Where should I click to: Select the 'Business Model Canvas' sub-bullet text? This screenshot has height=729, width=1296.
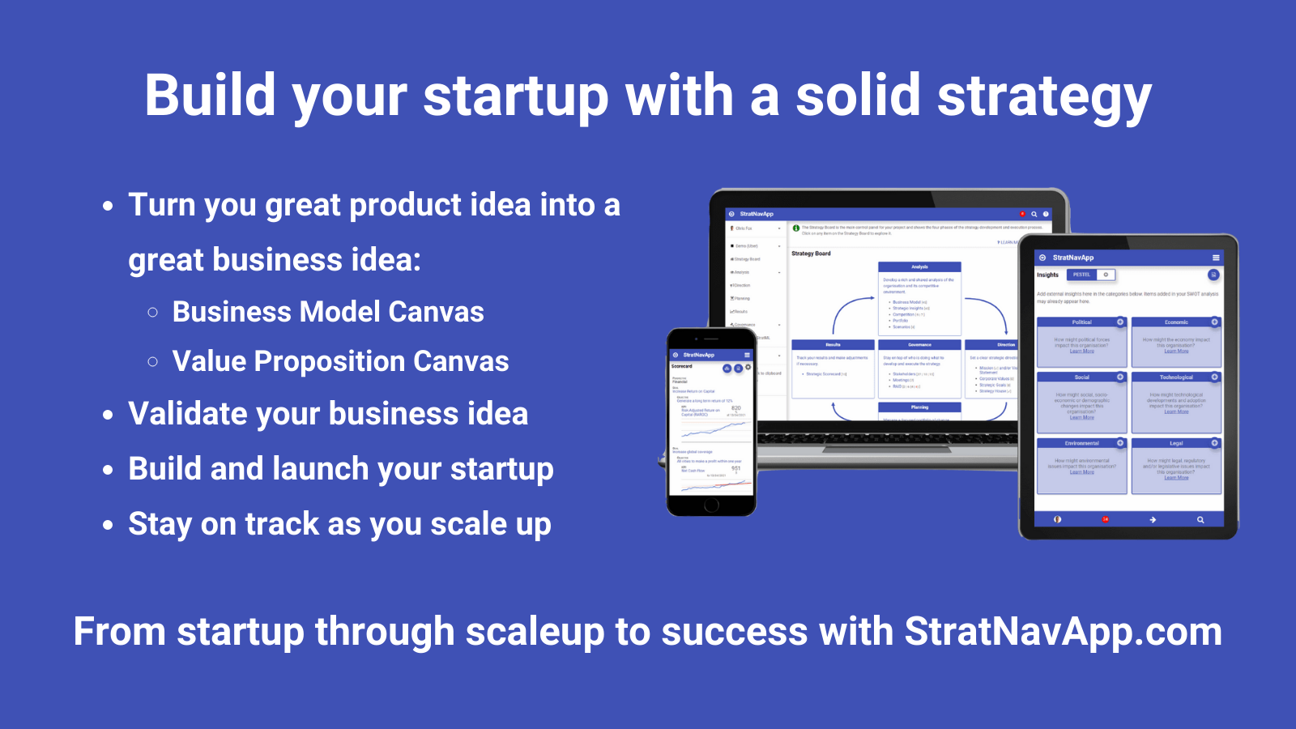[x=328, y=312]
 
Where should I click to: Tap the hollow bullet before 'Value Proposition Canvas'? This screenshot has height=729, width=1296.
[x=153, y=361]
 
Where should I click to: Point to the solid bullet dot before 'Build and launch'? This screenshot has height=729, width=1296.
[x=109, y=470]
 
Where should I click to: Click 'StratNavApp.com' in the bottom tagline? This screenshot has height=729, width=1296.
[x=1063, y=631]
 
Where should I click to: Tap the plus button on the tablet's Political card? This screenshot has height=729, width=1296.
[x=1120, y=322]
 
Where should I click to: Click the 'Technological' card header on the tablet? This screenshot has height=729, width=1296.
[x=1175, y=377]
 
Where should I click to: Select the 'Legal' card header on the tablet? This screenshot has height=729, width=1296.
[x=1175, y=443]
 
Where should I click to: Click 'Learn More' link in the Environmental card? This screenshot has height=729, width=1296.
[x=1081, y=472]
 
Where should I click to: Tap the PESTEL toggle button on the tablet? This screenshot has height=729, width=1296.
[x=1081, y=275]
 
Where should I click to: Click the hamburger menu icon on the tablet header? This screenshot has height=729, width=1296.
[x=1216, y=258]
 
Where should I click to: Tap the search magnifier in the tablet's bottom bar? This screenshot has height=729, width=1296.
[x=1200, y=519]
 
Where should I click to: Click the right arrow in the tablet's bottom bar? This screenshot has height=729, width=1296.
[x=1153, y=519]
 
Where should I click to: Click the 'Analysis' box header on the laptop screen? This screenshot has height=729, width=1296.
[x=919, y=266]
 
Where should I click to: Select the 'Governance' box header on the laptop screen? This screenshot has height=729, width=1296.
[x=919, y=344]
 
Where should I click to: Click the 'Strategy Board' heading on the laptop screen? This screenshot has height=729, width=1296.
[x=811, y=254]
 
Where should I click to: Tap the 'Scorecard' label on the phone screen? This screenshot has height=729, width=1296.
[x=682, y=366]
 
